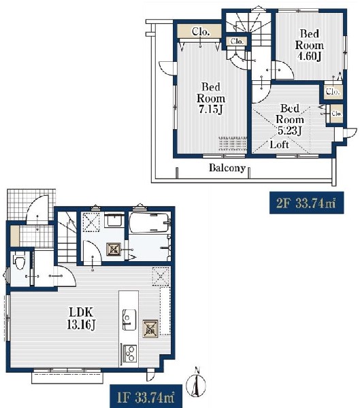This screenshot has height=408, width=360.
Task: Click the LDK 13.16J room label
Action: point(82,318)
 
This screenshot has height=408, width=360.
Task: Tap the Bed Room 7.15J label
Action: point(211,98)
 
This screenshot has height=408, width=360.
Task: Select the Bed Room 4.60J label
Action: point(309,45)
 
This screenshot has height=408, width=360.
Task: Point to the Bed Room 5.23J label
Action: point(290,120)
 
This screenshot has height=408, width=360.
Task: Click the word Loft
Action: point(279,144)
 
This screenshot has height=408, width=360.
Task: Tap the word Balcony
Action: point(227,168)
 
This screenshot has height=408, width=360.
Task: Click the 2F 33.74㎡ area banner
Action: point(306,203)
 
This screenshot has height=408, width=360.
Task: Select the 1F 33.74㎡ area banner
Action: point(146,396)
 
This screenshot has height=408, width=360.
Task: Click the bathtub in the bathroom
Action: point(150,223)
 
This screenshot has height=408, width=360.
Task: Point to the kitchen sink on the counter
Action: point(129,320)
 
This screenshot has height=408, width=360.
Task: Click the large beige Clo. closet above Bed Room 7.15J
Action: point(200,31)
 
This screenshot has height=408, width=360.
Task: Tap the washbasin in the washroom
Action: point(114,221)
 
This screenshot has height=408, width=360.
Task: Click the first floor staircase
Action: point(67,237)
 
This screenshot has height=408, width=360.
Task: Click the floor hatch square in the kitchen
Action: point(150,328)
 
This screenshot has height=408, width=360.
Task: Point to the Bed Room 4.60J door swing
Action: point(282,69)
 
